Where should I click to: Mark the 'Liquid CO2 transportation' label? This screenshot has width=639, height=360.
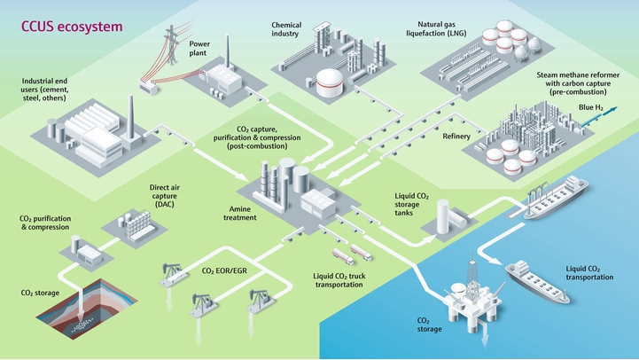point(588,271)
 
